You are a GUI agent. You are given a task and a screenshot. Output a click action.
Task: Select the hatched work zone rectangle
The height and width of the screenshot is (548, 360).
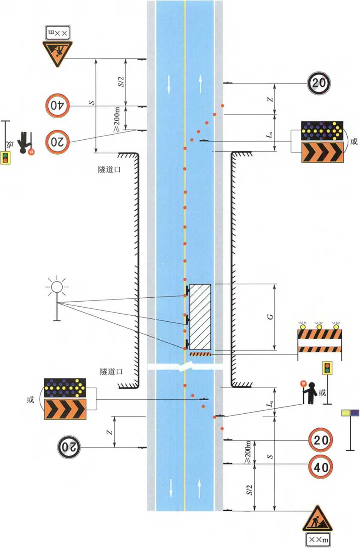click(x=200, y=316)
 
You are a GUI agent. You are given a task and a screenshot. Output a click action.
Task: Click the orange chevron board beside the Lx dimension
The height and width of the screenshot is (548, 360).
click(x=322, y=152)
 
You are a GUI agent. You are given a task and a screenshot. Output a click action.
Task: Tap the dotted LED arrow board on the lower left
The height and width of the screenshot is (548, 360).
click(x=65, y=387)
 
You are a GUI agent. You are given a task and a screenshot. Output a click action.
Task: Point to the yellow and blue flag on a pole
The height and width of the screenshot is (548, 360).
click(x=350, y=413)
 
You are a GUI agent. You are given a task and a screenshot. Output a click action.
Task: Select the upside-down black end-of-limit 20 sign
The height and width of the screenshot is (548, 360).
click(x=69, y=447)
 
